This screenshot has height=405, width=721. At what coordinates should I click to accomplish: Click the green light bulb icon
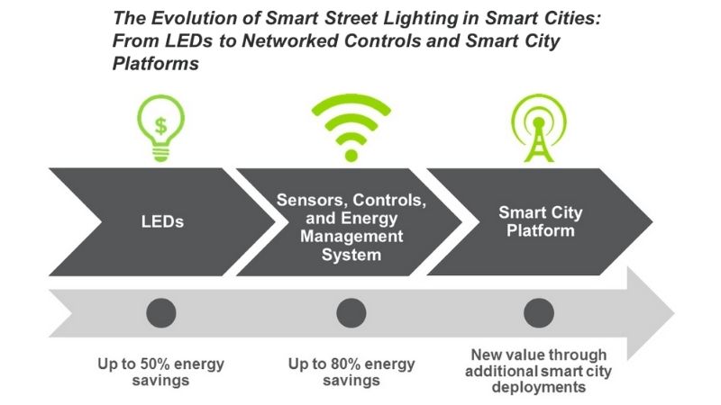[x=161, y=128]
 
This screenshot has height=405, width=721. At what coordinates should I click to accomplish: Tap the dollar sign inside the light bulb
[x=161, y=125]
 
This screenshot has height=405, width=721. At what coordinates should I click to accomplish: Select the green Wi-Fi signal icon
[x=351, y=128]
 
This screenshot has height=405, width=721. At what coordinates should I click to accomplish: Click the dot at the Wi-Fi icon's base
[x=351, y=156]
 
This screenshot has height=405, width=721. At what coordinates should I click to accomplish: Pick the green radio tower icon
[x=539, y=128]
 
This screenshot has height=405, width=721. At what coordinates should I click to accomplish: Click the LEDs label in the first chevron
[x=162, y=221]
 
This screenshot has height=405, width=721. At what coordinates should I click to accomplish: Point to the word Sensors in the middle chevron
[x=312, y=200]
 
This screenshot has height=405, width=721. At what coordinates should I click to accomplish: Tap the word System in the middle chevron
[x=351, y=255]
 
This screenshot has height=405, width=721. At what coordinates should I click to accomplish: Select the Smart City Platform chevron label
[x=540, y=221]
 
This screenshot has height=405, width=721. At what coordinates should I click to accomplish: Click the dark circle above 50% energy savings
[x=161, y=313]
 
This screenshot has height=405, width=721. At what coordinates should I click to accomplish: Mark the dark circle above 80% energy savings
[x=351, y=313]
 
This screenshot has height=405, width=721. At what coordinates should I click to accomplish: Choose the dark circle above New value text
[x=538, y=313]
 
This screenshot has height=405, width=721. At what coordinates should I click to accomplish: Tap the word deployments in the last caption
[x=538, y=387]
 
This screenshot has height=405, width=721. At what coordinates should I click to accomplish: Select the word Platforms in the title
[x=156, y=63]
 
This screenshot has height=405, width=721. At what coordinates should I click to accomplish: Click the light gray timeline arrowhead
[x=651, y=313]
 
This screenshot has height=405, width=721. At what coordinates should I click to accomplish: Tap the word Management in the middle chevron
[x=351, y=237]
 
